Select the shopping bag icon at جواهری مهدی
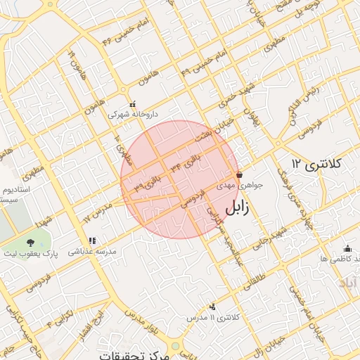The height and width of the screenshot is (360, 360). coord(240,174)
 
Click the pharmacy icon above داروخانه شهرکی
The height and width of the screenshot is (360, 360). coord(133,103)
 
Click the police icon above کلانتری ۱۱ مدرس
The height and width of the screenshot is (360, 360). coord(212,307)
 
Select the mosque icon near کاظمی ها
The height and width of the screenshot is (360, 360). coord(347,248)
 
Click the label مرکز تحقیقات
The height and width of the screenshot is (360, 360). coord(134,354)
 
